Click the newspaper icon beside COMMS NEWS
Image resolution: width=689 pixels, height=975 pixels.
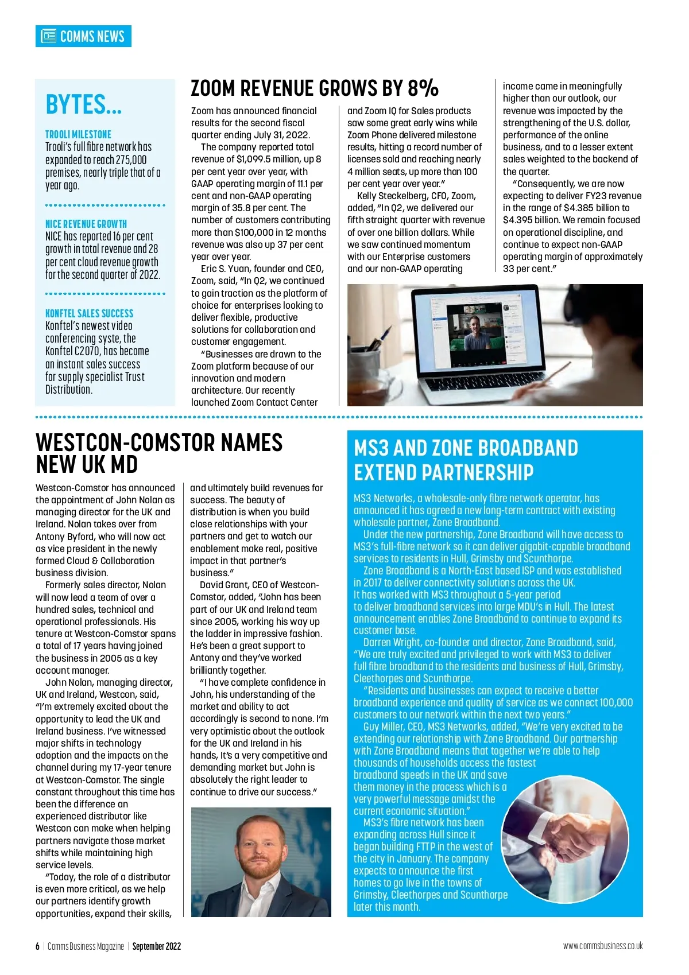(x=48, y=36)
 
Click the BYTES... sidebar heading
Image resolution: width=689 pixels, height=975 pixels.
(x=83, y=105)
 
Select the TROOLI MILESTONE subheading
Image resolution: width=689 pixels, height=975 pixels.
(x=78, y=134)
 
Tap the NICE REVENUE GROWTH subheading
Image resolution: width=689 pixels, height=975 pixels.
(x=86, y=224)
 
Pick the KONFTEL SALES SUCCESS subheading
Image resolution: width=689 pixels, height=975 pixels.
(x=89, y=313)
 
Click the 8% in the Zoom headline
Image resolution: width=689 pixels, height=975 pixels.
(x=423, y=88)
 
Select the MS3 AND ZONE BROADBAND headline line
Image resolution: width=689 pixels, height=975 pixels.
(x=466, y=448)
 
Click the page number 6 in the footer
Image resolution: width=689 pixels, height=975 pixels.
(x=38, y=946)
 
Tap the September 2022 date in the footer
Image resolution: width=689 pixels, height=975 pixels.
(x=157, y=946)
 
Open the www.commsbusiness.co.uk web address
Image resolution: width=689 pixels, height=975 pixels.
(x=603, y=946)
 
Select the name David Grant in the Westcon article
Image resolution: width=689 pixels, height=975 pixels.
(x=224, y=585)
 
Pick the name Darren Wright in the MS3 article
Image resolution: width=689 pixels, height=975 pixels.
(x=392, y=643)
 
